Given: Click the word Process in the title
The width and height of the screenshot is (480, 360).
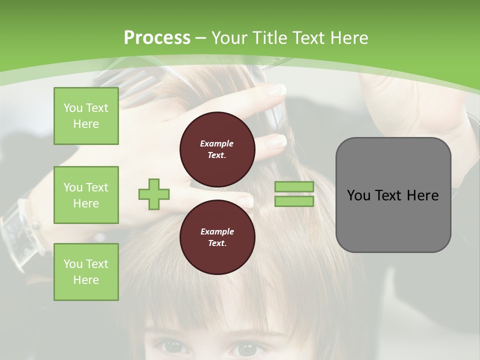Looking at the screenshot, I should pos(157,38).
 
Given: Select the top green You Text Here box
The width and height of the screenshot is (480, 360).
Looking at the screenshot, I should pos(86,116).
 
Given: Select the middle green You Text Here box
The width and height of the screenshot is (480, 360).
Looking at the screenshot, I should pos(86,195).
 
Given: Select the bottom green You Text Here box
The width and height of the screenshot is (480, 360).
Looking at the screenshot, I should pos(86,272).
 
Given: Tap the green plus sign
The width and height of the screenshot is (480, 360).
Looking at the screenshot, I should pos(154,194).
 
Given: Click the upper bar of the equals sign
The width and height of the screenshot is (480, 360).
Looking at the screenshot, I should pos(294,186).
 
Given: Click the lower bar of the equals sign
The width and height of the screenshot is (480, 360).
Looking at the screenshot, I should pos(294,201).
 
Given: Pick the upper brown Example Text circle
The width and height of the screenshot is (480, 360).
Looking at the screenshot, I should pos(217,149).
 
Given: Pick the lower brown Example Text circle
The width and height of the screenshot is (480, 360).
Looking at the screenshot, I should pos(217,237).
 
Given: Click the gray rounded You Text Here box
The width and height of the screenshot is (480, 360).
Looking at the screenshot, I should pos(393,195).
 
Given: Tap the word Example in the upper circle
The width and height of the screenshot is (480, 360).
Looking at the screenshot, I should pos(217,143).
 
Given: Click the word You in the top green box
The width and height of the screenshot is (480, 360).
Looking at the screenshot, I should pos(73,108).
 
